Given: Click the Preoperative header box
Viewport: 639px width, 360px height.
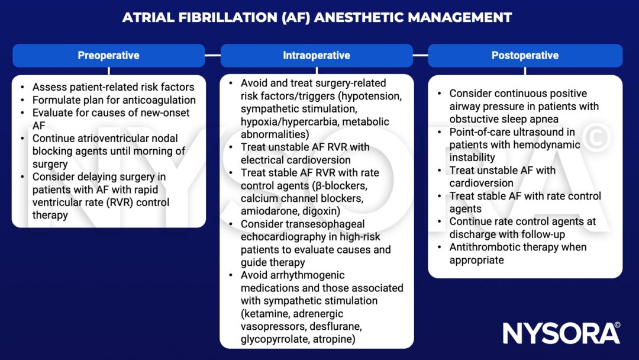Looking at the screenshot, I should point(108,56).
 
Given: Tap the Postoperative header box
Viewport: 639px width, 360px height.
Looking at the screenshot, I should point(525,56).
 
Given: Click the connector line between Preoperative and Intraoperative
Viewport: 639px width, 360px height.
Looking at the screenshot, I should point(213,56).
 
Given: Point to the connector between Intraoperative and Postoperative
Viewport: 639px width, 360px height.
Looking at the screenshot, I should point(420,56).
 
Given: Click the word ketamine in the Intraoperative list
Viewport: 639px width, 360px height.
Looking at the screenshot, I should point(261,314).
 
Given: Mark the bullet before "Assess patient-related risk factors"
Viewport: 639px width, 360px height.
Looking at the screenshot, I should point(22,87).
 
